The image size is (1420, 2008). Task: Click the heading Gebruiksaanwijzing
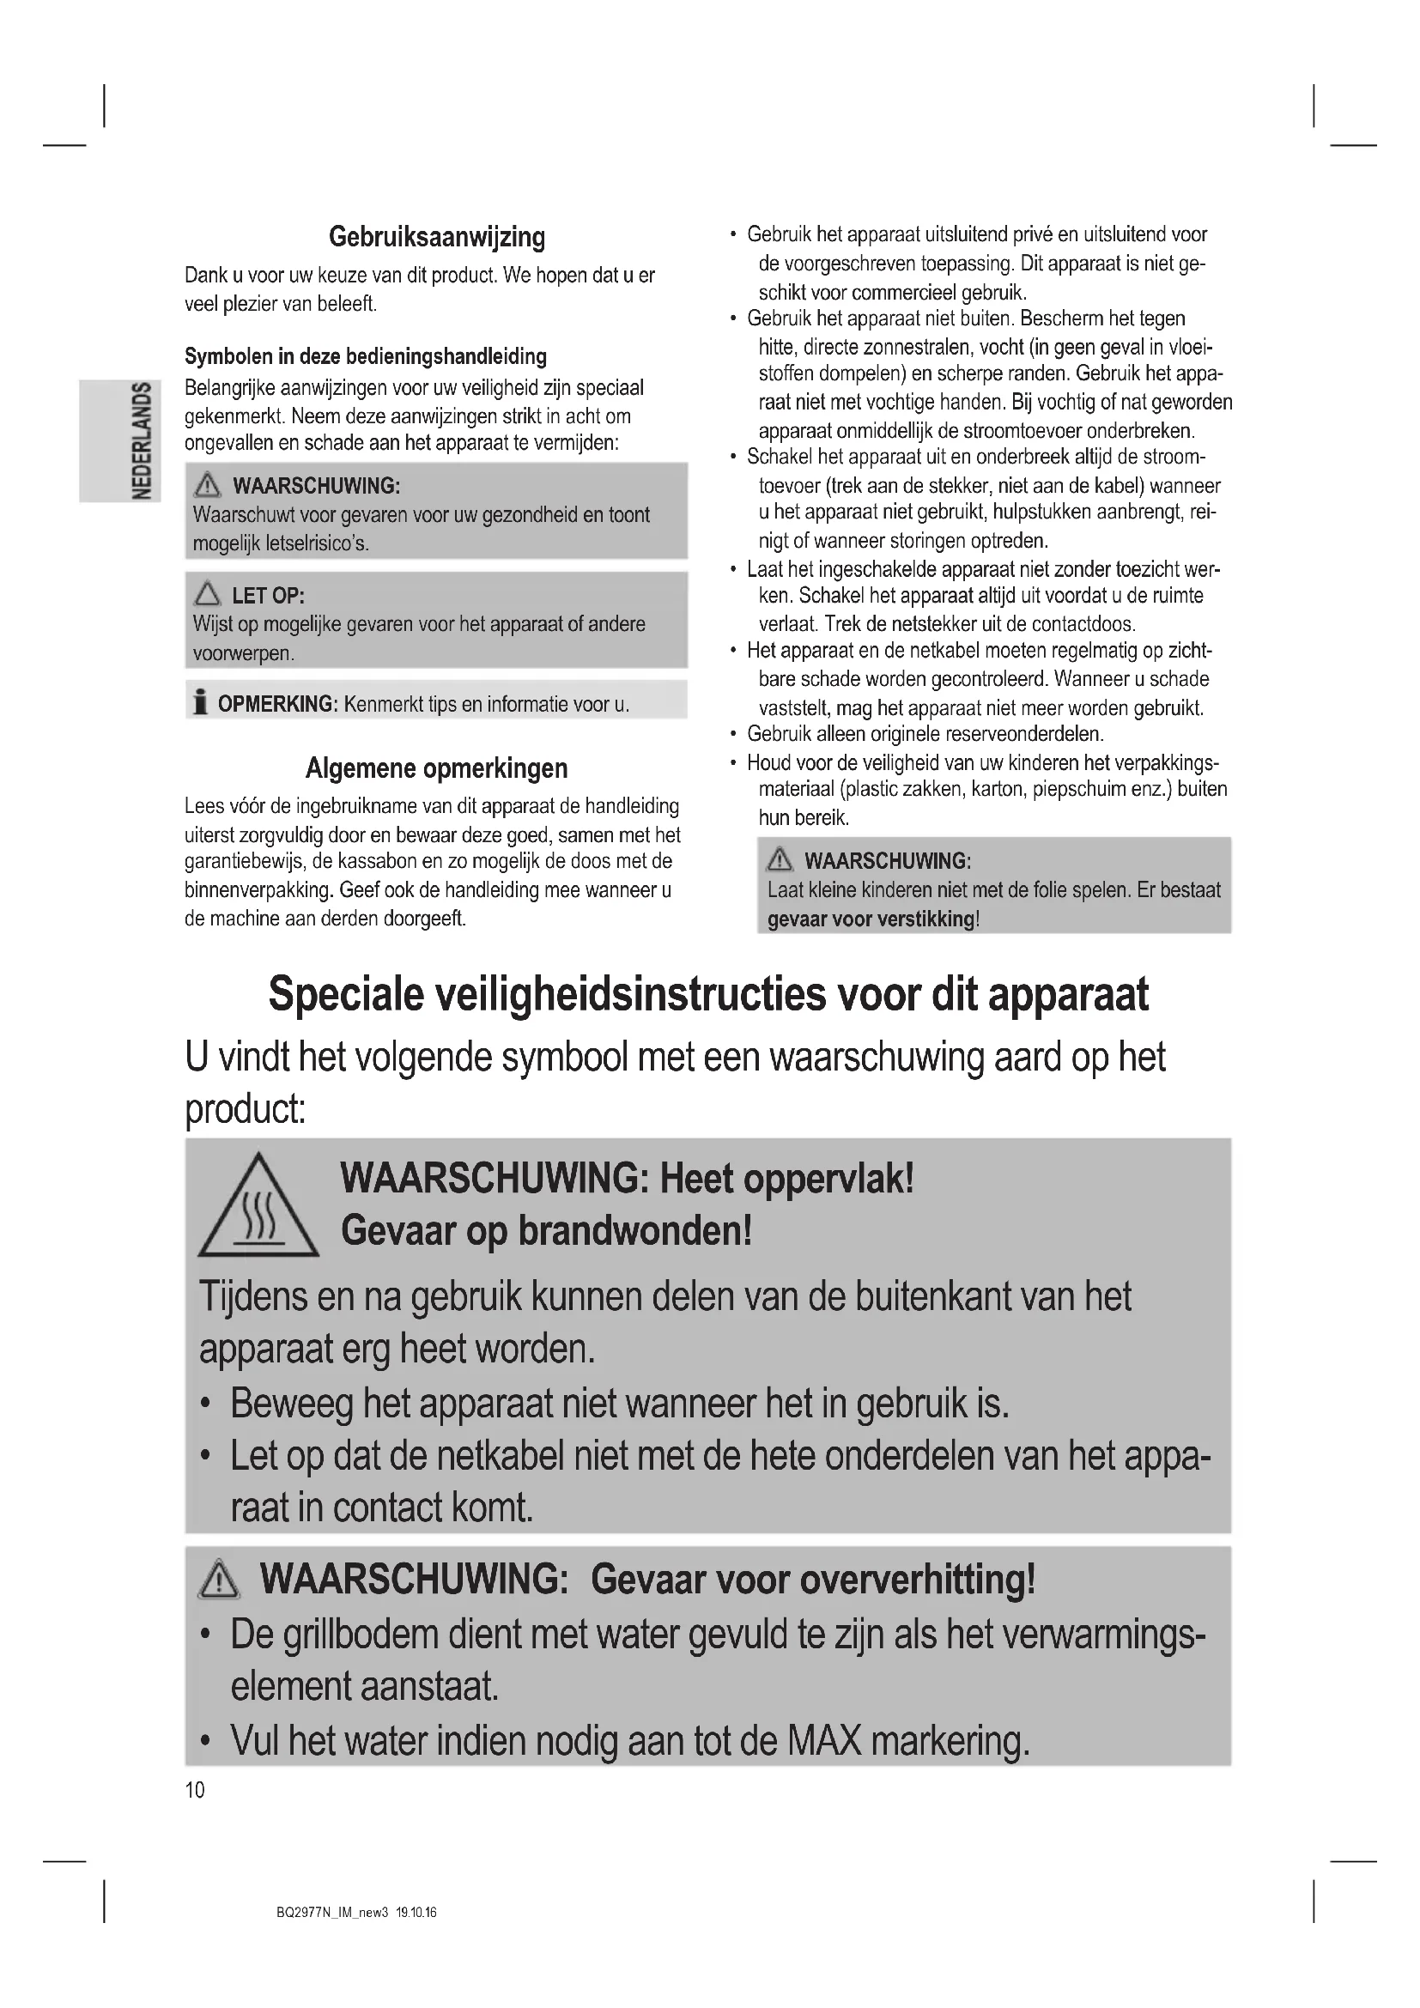436,237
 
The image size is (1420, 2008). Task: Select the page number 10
194,1790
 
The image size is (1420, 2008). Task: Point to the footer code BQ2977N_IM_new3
331,1912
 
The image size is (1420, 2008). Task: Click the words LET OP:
268,597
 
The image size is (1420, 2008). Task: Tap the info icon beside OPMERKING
201,702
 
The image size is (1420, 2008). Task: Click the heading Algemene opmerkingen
436,768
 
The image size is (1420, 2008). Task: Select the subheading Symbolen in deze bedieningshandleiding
366,357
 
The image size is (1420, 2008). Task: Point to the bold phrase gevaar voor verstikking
870,919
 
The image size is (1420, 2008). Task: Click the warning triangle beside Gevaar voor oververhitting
219,1581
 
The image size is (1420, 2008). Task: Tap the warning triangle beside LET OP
208,596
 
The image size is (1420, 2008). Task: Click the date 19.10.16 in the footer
416,1912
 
